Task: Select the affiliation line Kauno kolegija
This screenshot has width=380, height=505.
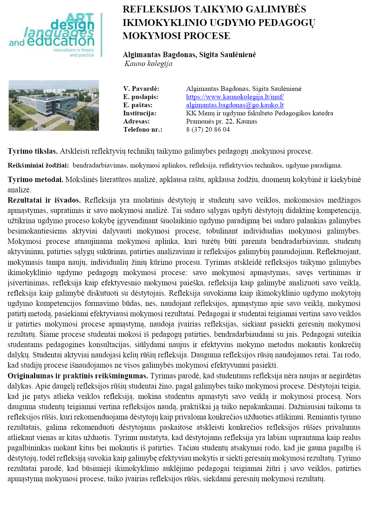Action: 149,64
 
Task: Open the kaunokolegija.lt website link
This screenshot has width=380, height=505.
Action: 235,97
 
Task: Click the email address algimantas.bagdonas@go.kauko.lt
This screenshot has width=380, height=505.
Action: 235,105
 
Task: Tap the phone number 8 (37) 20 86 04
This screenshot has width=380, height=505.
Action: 208,130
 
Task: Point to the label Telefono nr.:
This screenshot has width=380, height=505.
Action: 142,130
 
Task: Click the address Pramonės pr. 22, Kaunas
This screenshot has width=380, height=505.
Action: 222,121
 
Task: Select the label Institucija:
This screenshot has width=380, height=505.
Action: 140,113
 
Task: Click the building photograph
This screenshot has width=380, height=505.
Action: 54,105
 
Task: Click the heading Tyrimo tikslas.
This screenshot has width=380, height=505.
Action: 33,151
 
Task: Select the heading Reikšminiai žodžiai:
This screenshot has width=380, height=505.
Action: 38,165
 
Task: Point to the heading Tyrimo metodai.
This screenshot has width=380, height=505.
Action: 35,180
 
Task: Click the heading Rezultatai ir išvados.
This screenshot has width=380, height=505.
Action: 44,200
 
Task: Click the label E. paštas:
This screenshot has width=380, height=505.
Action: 138,105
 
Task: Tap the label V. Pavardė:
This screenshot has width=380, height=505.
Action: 141,89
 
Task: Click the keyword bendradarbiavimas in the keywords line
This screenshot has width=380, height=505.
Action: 100,165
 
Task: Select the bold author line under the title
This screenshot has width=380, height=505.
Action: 189,55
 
